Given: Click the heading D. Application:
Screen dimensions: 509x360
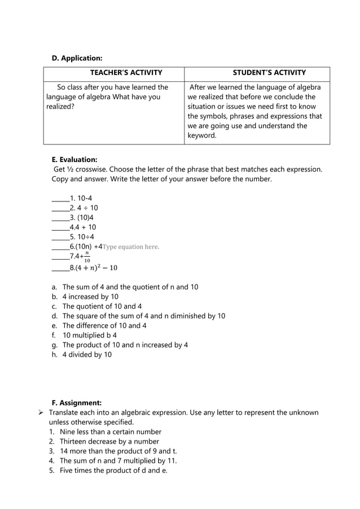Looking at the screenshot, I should tap(77, 58).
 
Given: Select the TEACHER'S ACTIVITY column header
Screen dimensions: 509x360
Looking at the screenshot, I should tap(126, 73).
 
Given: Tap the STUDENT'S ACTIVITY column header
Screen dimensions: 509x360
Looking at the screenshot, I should tap(269, 73).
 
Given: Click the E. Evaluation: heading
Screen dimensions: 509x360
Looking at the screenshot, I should tap(74, 160).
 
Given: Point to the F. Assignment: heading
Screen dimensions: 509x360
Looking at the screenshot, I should tap(76, 403).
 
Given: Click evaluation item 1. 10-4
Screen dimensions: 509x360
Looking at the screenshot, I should tap(77, 198).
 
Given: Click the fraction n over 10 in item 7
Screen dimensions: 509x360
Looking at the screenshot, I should tap(87, 257).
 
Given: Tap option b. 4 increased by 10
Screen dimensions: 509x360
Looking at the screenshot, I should tap(90, 297).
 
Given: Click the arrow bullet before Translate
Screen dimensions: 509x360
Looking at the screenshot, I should tap(41, 413).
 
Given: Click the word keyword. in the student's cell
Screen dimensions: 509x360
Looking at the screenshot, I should tap(201, 136).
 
